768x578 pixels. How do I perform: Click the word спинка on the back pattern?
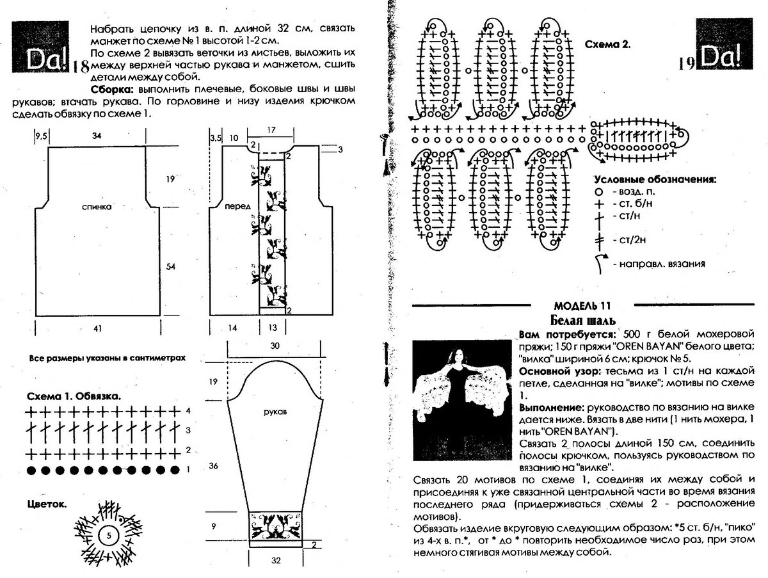tap(97, 207)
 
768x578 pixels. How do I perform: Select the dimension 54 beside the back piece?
tap(170, 266)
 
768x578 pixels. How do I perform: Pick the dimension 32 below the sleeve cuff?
tap(276, 559)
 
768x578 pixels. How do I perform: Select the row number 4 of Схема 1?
tap(188, 410)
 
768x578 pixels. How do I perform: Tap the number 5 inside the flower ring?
tap(109, 534)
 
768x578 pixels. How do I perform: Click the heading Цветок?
tap(47, 504)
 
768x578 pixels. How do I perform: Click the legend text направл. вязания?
tap(659, 264)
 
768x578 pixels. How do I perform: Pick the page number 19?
tap(687, 62)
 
